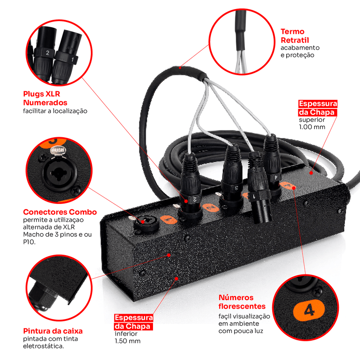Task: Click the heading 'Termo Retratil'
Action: [295, 36]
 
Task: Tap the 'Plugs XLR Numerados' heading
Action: [45, 98]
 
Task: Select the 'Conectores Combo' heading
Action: [60, 212]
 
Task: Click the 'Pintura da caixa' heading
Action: [53, 331]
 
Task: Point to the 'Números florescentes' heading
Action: [242, 301]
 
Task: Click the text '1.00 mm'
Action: [312, 127]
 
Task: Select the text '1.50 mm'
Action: [127, 341]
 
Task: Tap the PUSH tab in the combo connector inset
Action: [58, 151]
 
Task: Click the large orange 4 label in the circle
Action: [309, 310]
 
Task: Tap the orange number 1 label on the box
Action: [168, 220]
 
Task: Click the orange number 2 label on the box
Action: [211, 208]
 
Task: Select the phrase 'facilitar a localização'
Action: [55, 111]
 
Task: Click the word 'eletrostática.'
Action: [43, 346]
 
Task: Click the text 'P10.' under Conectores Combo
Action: [29, 242]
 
